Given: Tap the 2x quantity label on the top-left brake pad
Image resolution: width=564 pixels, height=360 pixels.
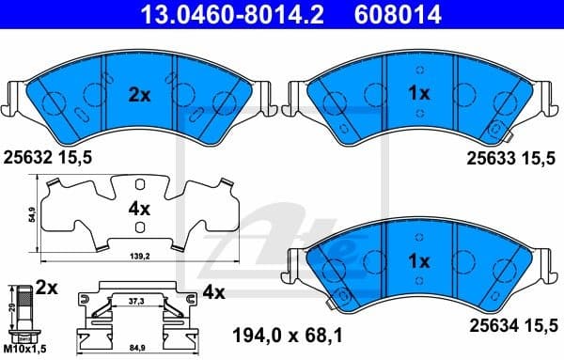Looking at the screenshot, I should point(138,94).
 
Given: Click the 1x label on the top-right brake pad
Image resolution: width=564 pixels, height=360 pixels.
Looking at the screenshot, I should point(419,94).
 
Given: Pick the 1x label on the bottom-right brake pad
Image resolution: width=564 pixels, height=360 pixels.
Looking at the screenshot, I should point(419,259).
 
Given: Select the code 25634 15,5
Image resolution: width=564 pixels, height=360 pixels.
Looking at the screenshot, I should point(514,326).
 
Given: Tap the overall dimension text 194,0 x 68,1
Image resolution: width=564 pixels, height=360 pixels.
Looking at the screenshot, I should point(291,333).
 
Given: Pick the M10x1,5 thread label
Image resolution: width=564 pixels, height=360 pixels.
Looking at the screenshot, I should point(25,352).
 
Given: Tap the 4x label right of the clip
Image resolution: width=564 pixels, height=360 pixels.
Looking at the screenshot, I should point(214,292).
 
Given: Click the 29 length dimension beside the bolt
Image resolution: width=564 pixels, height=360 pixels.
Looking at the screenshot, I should point(8,307).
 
